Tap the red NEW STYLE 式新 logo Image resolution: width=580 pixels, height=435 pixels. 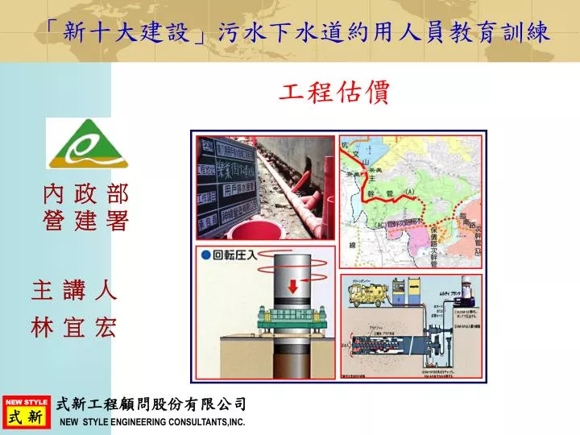[26, 412]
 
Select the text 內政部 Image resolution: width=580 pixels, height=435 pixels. [85, 194]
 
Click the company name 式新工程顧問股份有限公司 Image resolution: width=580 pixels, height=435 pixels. [152, 404]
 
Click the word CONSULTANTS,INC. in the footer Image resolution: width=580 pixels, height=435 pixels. [205, 422]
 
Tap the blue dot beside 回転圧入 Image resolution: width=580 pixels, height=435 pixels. [206, 255]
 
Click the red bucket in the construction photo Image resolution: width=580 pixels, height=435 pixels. [266, 233]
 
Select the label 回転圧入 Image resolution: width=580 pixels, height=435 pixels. [234, 255]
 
